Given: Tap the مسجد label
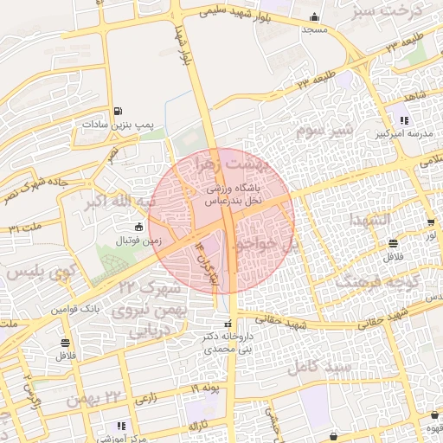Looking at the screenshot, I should [x=312, y=30].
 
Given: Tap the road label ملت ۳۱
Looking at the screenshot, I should [x=26, y=228].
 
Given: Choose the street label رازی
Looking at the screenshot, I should [x=145, y=398].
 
